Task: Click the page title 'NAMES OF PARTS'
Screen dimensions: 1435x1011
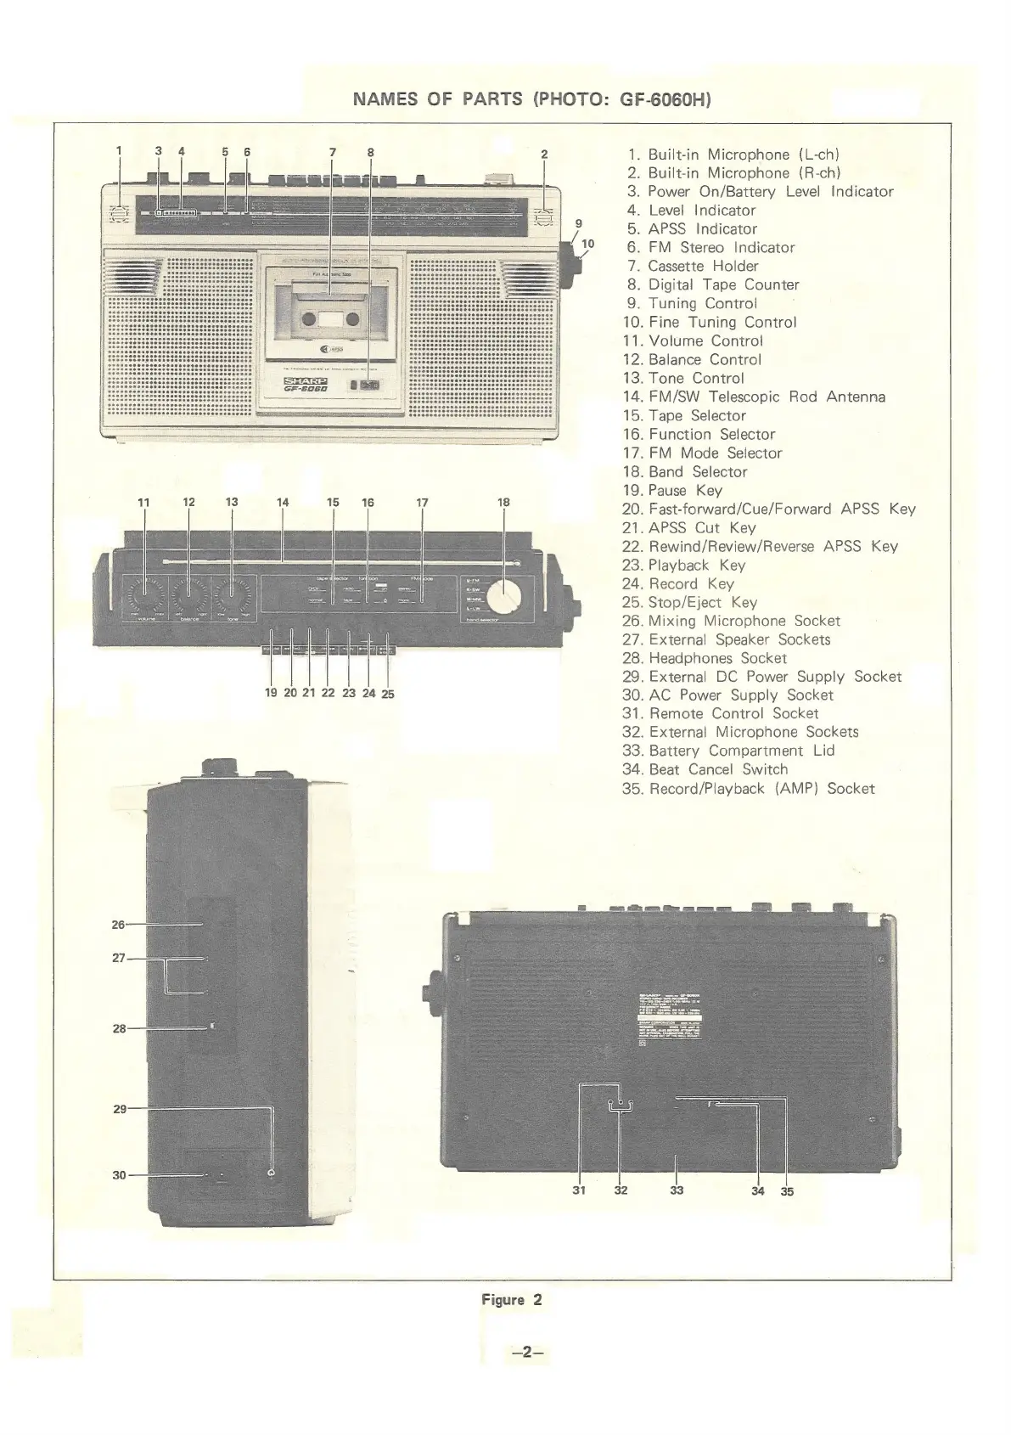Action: tap(437, 99)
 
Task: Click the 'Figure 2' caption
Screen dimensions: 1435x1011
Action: tap(511, 1299)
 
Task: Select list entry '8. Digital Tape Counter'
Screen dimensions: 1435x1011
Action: tap(713, 284)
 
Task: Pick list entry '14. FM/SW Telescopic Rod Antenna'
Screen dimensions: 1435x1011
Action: tap(755, 397)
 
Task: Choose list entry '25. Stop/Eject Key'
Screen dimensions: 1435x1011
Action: tap(689, 602)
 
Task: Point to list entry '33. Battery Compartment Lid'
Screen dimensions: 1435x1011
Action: tap(728, 751)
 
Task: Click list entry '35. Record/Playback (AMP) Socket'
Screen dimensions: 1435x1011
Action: tap(748, 788)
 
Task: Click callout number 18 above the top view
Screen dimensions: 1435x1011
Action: tap(503, 502)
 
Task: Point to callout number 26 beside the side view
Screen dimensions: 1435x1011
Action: tap(118, 925)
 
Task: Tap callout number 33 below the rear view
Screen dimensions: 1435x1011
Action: tap(677, 1190)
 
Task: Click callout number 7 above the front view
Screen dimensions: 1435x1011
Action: tap(333, 153)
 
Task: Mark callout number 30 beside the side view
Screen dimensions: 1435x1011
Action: tap(119, 1175)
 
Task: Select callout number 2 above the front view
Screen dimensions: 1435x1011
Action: tap(544, 155)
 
